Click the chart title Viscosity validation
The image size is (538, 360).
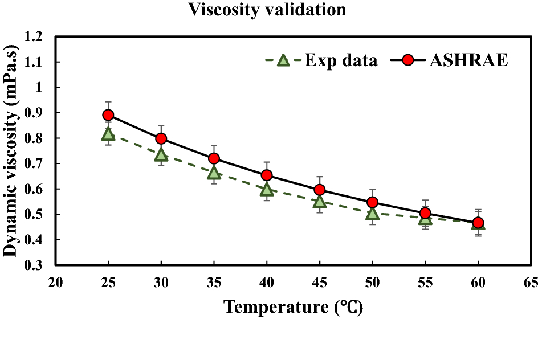point(267,10)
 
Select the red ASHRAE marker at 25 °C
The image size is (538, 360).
point(108,115)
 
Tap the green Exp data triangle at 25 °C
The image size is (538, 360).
point(108,134)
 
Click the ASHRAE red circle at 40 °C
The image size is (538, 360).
point(267,175)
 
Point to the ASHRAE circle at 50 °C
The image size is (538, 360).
point(373,202)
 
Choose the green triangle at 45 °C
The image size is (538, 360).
point(320,202)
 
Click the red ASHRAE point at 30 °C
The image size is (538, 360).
point(161,138)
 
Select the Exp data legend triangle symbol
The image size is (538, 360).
point(283,60)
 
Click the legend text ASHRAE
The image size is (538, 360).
point(462,60)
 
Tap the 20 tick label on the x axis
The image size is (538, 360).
point(55,282)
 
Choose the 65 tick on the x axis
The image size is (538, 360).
point(531,282)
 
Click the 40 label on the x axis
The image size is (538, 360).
point(267,282)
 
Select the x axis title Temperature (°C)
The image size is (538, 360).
point(293,307)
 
